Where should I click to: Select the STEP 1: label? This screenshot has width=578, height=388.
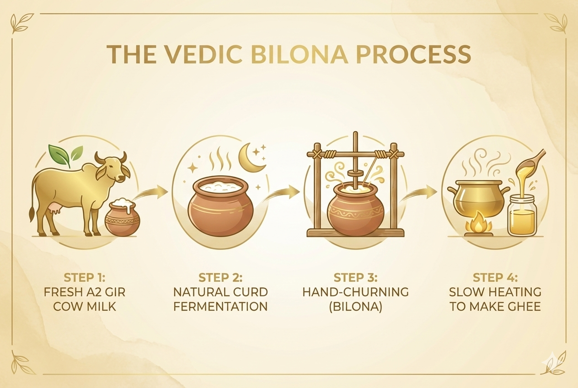coord(85,278)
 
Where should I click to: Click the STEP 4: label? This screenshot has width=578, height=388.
coord(495,278)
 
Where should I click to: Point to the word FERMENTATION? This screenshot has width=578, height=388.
coord(220,307)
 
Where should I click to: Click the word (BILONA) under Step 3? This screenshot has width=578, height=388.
coord(355,307)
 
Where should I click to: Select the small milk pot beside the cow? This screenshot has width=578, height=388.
coord(122,217)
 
